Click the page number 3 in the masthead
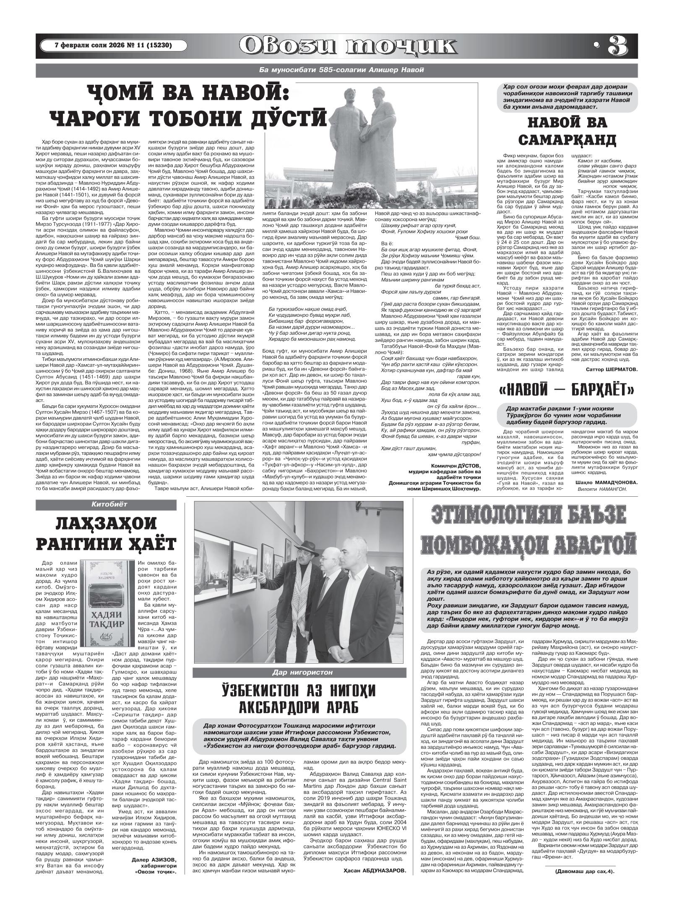click(x=617, y=46)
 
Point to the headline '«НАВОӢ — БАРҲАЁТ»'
click(x=566, y=391)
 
